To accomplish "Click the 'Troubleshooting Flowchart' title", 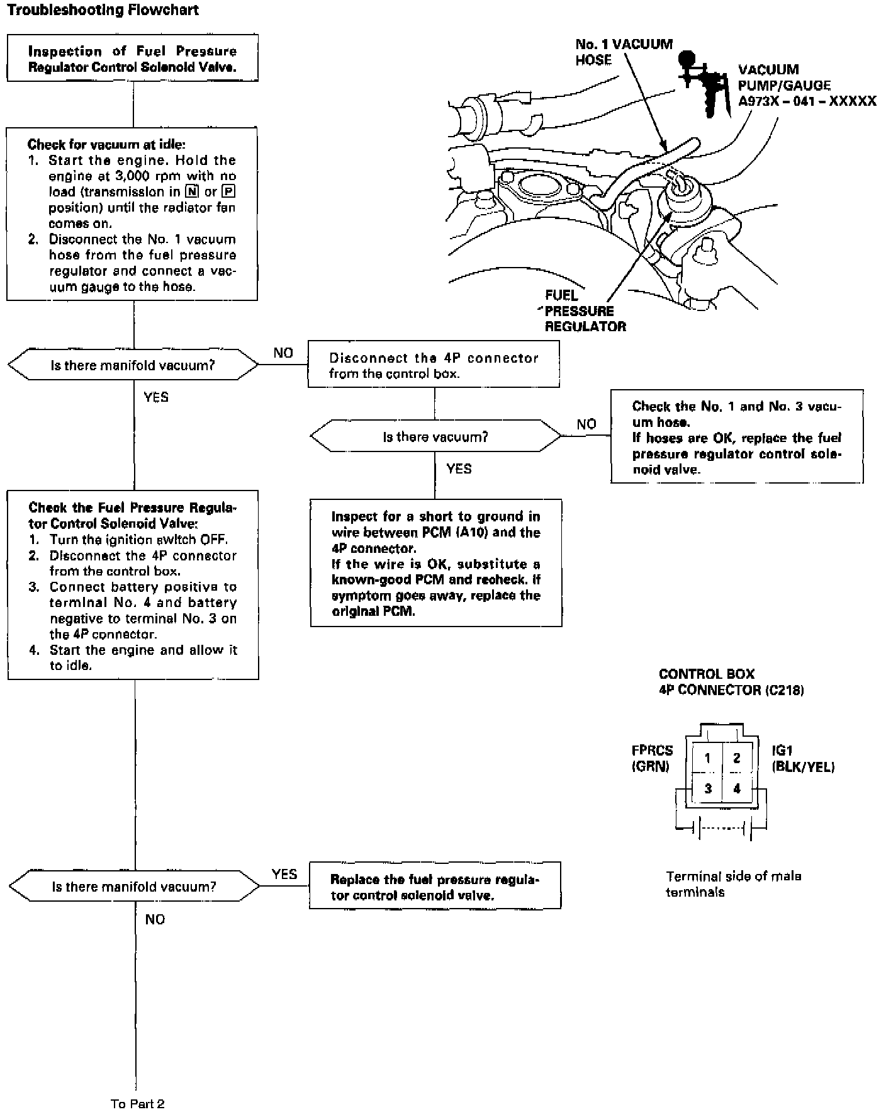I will [x=103, y=10].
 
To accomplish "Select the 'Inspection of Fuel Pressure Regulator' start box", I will [x=132, y=59].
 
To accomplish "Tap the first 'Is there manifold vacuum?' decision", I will [x=133, y=365].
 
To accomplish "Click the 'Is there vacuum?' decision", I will [x=435, y=436].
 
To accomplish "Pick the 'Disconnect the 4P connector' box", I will [x=434, y=365].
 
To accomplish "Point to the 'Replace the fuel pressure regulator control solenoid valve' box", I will [x=435, y=887].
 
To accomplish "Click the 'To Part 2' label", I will [x=138, y=1103].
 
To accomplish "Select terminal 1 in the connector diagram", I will [x=707, y=758].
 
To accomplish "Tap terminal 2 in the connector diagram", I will [x=736, y=758].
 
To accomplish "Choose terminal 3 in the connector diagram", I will [x=707, y=788].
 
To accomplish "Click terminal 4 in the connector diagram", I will [x=736, y=788].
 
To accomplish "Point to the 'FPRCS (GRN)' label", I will [x=652, y=758].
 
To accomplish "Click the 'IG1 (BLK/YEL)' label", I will [x=803, y=758].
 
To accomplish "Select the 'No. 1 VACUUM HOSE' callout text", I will [x=623, y=52].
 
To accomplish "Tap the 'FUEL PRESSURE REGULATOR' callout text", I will [x=585, y=311].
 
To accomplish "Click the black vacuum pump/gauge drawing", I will [x=702, y=82].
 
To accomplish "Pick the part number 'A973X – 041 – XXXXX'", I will [x=807, y=101].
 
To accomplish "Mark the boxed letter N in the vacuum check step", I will [x=193, y=192].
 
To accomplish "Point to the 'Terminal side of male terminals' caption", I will [x=733, y=884].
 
